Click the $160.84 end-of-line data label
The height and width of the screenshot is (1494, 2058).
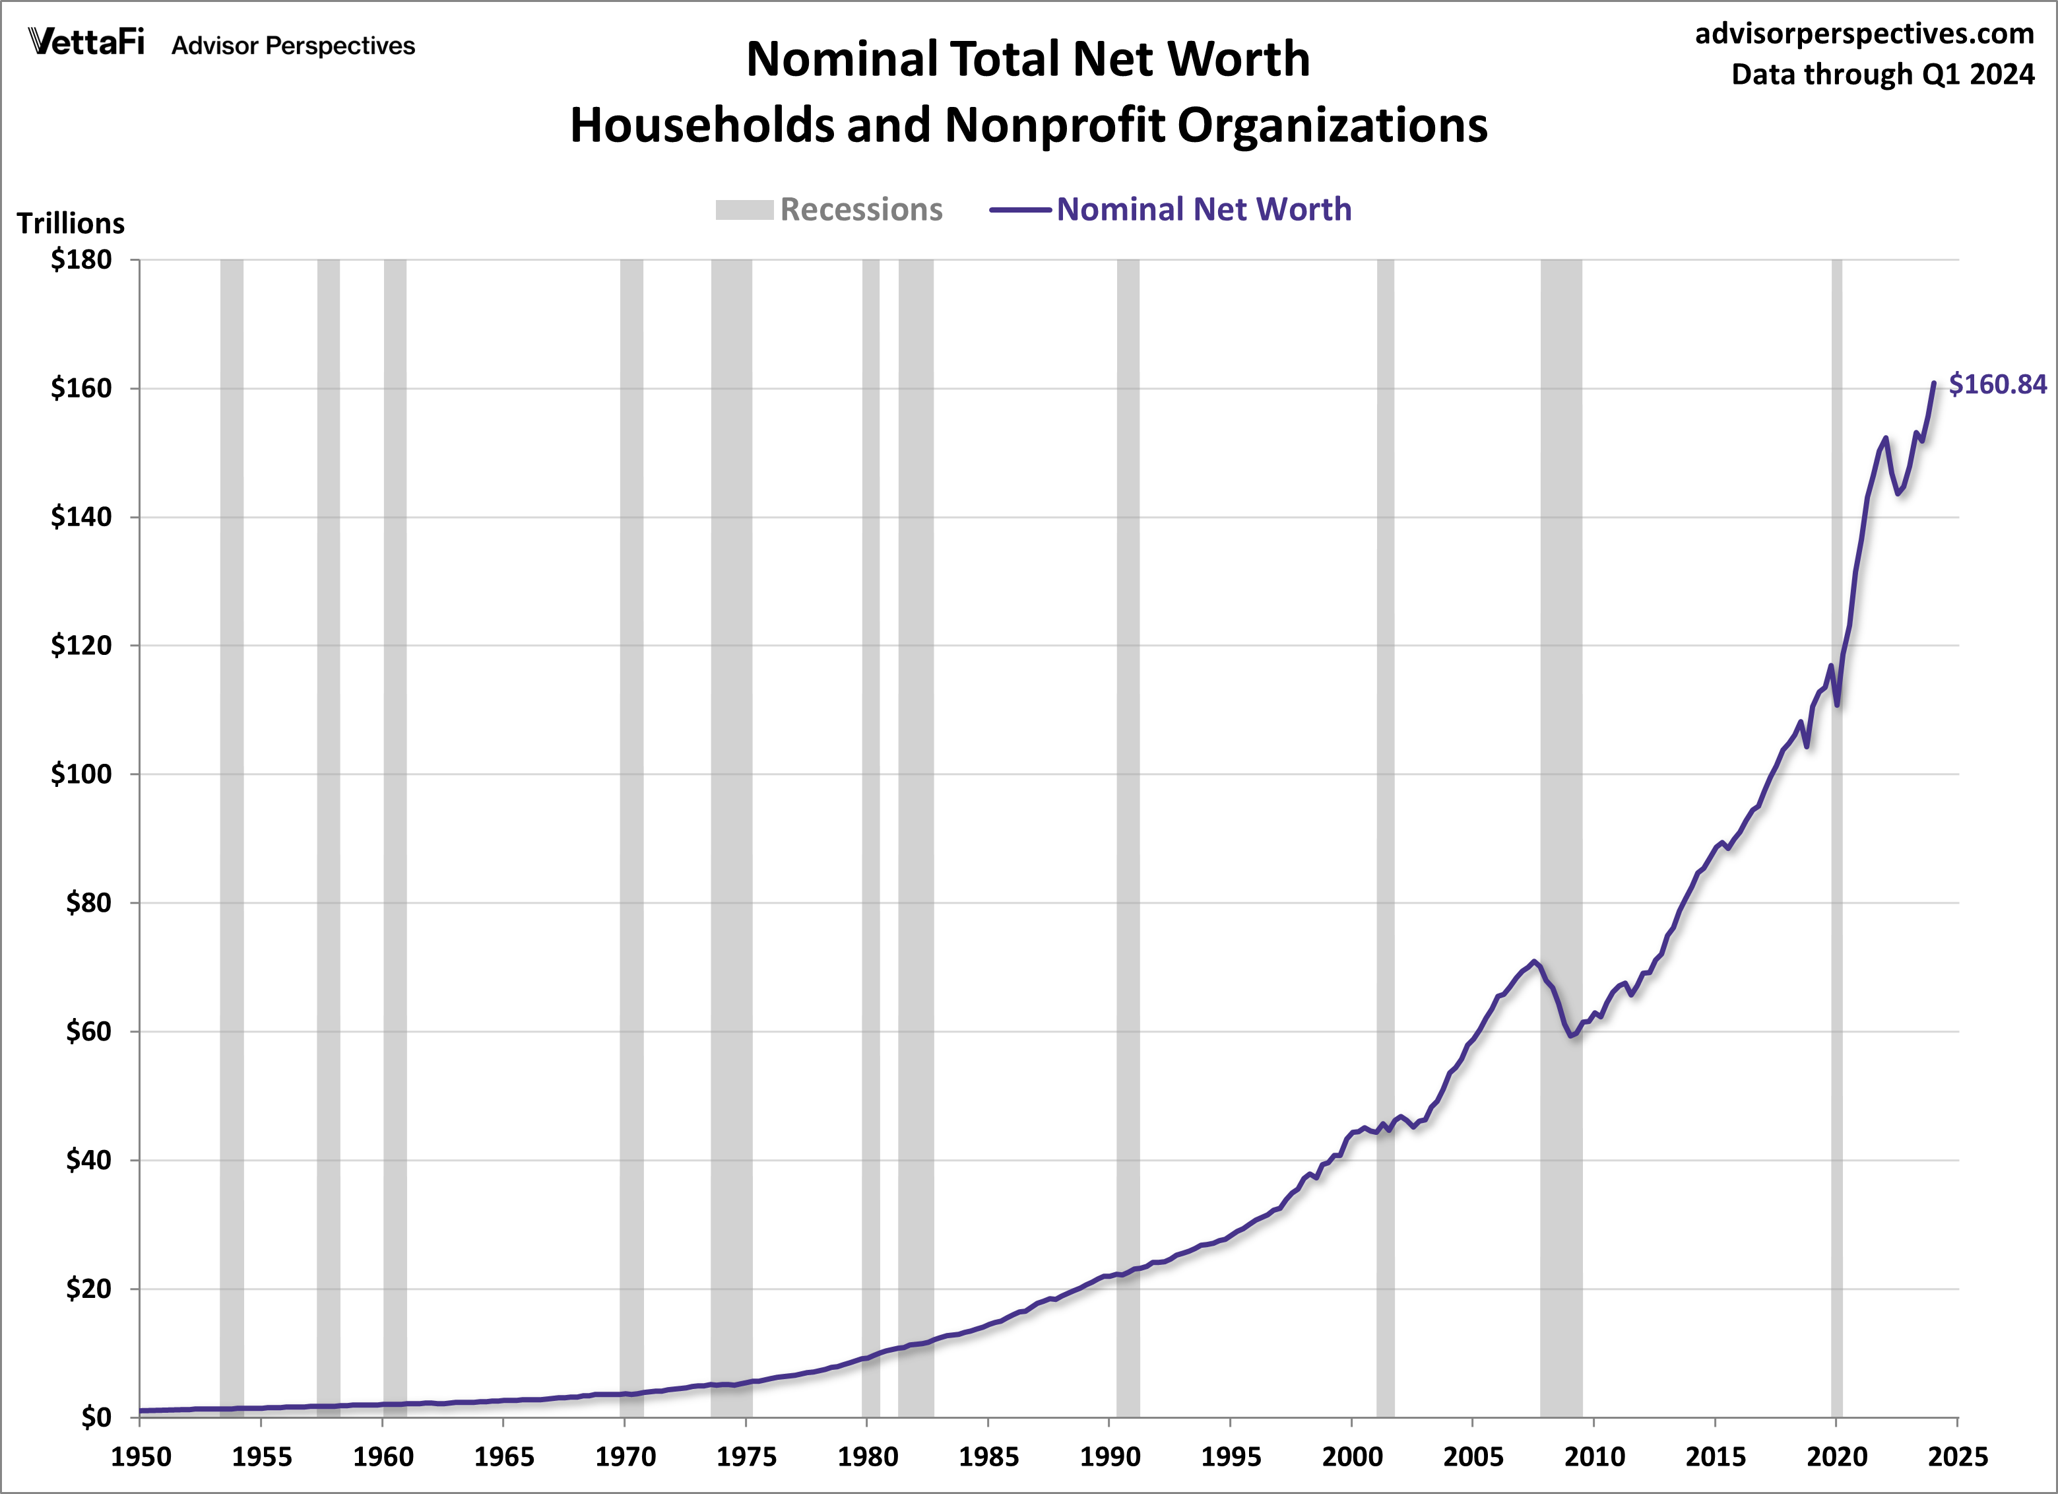point(1997,384)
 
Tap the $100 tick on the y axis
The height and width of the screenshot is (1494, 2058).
point(80,774)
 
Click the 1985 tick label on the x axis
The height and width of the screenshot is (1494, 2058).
point(988,1457)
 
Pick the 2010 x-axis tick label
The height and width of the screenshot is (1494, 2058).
point(1594,1457)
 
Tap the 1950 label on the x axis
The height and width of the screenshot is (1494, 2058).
point(141,1457)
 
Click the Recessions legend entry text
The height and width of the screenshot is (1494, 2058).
point(861,210)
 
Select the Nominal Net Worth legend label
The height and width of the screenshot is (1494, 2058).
point(1204,210)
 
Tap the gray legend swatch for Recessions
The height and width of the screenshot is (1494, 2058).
point(744,210)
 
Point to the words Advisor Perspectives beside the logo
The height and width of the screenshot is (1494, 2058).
point(293,46)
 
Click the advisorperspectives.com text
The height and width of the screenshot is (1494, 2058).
point(1865,34)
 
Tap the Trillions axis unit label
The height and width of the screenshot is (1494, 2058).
point(71,223)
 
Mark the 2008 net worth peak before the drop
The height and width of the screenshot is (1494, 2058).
point(1533,961)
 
